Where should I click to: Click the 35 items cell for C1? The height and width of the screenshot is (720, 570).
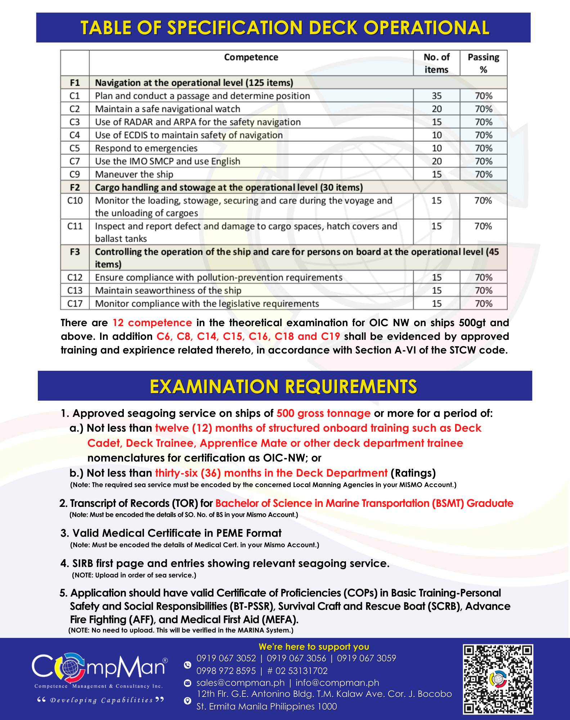[436, 96]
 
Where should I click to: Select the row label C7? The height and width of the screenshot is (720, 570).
[75, 161]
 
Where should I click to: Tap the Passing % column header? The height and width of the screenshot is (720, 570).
[483, 63]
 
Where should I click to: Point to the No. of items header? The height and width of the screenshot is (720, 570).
[436, 63]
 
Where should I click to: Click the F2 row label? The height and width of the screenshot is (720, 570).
[75, 188]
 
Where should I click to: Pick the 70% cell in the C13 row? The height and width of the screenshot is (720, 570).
[483, 291]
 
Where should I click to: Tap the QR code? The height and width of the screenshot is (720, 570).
[498, 679]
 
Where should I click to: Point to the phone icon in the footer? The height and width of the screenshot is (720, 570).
[188, 665]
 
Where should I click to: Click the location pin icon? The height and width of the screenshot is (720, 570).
[188, 701]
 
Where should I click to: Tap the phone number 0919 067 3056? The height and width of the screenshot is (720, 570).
[296, 658]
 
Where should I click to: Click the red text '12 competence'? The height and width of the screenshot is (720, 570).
[152, 323]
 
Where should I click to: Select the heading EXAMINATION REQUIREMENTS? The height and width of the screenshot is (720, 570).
[283, 387]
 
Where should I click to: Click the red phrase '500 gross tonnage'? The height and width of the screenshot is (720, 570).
[323, 413]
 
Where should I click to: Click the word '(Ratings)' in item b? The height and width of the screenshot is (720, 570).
[413, 473]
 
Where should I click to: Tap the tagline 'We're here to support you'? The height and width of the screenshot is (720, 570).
[314, 647]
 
